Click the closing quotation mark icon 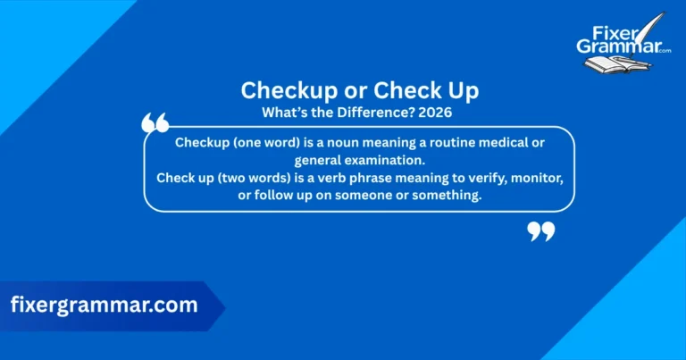[x=541, y=232]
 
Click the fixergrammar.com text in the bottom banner [x=104, y=305]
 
